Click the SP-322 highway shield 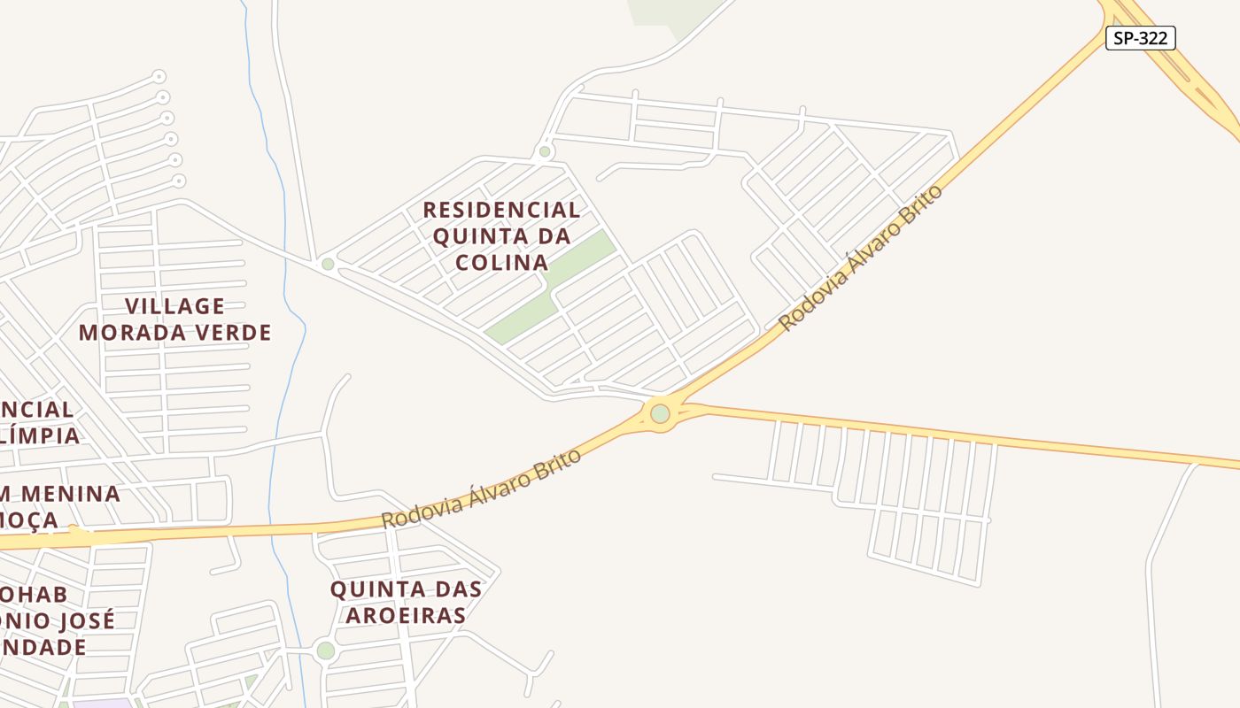coord(1140,38)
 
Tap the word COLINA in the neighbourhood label coord(501,263)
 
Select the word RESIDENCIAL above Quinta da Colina coord(501,210)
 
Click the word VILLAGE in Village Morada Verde coord(174,306)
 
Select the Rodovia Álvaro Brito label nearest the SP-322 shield coord(861,258)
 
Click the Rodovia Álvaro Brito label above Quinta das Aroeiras coord(482,489)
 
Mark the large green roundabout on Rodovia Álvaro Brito coord(660,413)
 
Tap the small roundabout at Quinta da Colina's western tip coord(328,264)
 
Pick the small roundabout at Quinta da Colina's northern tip coord(545,151)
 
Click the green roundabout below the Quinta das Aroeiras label coord(326,650)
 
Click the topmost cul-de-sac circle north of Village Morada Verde coord(159,77)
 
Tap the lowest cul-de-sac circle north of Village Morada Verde coord(179,181)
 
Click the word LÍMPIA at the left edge coord(42,435)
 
